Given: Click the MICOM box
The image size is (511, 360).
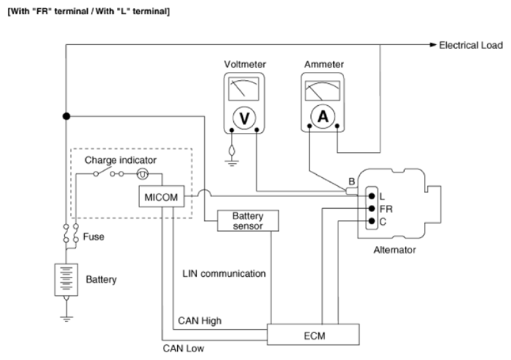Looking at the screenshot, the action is pyautogui.click(x=161, y=197).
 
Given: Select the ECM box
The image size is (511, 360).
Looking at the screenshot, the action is pyautogui.click(x=313, y=335).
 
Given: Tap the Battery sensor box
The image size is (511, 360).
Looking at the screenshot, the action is pyautogui.click(x=248, y=221).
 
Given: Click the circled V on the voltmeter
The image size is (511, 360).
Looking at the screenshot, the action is pyautogui.click(x=244, y=118).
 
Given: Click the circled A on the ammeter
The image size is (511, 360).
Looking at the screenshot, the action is pyautogui.click(x=323, y=116).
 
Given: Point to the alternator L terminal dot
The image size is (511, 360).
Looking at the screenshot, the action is pyautogui.click(x=372, y=196).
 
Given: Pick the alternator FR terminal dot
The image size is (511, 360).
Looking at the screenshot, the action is pyautogui.click(x=372, y=208).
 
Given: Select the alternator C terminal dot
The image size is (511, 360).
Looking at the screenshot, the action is pyautogui.click(x=372, y=221).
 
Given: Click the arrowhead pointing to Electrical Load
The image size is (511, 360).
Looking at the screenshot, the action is pyautogui.click(x=433, y=45).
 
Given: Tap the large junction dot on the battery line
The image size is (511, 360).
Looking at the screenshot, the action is pyautogui.click(x=66, y=116).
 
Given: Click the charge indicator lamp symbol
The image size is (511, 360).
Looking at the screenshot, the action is pyautogui.click(x=142, y=174).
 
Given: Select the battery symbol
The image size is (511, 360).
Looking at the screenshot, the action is pyautogui.click(x=66, y=280).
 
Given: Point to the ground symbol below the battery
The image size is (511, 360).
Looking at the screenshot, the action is pyautogui.click(x=66, y=319).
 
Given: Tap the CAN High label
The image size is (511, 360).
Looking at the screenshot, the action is pyautogui.click(x=199, y=321).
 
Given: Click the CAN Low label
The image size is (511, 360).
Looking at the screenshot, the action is pyautogui.click(x=184, y=349).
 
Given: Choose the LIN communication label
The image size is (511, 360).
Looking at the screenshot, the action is pyautogui.click(x=224, y=274).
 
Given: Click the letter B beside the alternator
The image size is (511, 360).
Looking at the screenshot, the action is pyautogui.click(x=351, y=182).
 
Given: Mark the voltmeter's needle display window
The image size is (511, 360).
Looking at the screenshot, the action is pyautogui.click(x=244, y=89).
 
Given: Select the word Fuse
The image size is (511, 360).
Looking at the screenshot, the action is pyautogui.click(x=93, y=237).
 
